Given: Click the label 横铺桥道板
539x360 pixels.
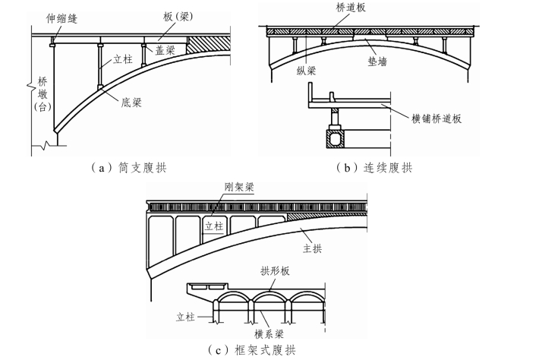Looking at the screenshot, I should coord(438,118).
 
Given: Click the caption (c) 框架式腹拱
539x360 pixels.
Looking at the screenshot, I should coord(252,349).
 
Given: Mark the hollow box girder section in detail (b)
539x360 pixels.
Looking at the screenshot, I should coord(335,140).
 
